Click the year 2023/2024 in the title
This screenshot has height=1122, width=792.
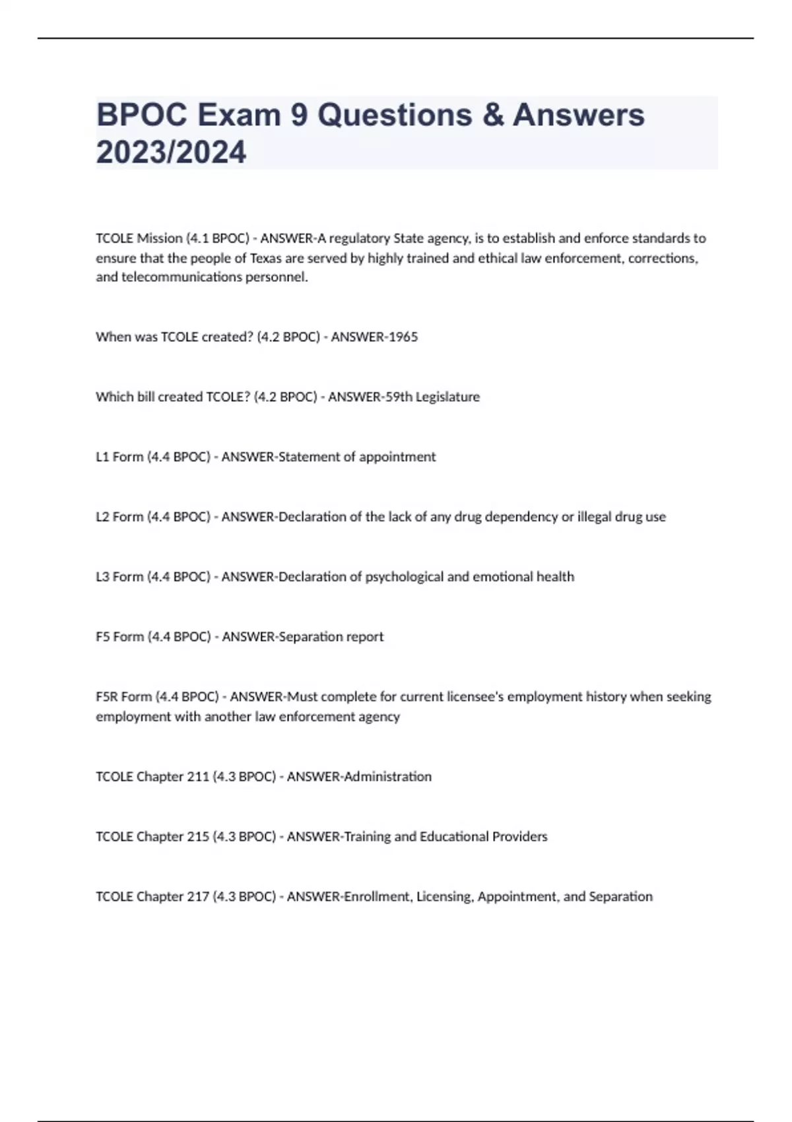point(171,152)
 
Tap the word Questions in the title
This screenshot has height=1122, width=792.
point(395,115)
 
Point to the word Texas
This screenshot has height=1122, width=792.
point(266,258)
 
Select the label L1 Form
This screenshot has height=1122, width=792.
point(119,457)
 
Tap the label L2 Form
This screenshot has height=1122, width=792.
point(119,517)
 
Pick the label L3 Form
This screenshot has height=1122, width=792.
point(119,577)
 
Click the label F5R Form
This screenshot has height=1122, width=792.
point(123,697)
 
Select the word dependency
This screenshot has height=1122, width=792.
point(521,517)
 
